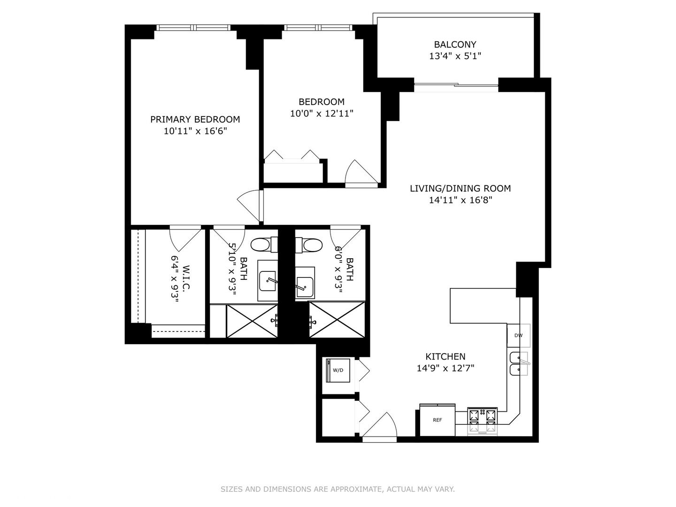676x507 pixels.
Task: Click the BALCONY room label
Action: pos(455,45)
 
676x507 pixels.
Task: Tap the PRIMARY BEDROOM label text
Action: pos(195,119)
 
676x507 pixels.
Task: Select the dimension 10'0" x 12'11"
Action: pos(322,113)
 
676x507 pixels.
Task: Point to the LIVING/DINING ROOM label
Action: pos(460,188)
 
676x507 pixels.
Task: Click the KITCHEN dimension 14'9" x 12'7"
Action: pos(445,368)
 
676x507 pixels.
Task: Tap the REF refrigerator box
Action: pos(437,420)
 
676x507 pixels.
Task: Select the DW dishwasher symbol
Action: pos(518,335)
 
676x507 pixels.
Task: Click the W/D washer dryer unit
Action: pos(338,370)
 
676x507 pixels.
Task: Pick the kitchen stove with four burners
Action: pos(482,420)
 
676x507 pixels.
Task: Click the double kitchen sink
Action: pos(519,364)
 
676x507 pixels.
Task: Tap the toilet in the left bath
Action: pos(261,245)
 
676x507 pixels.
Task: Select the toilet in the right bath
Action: pos(311,245)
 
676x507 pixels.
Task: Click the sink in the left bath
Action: pos(268,281)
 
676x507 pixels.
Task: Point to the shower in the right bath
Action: pos(337,320)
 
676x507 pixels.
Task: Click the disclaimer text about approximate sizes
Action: pos(338,489)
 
